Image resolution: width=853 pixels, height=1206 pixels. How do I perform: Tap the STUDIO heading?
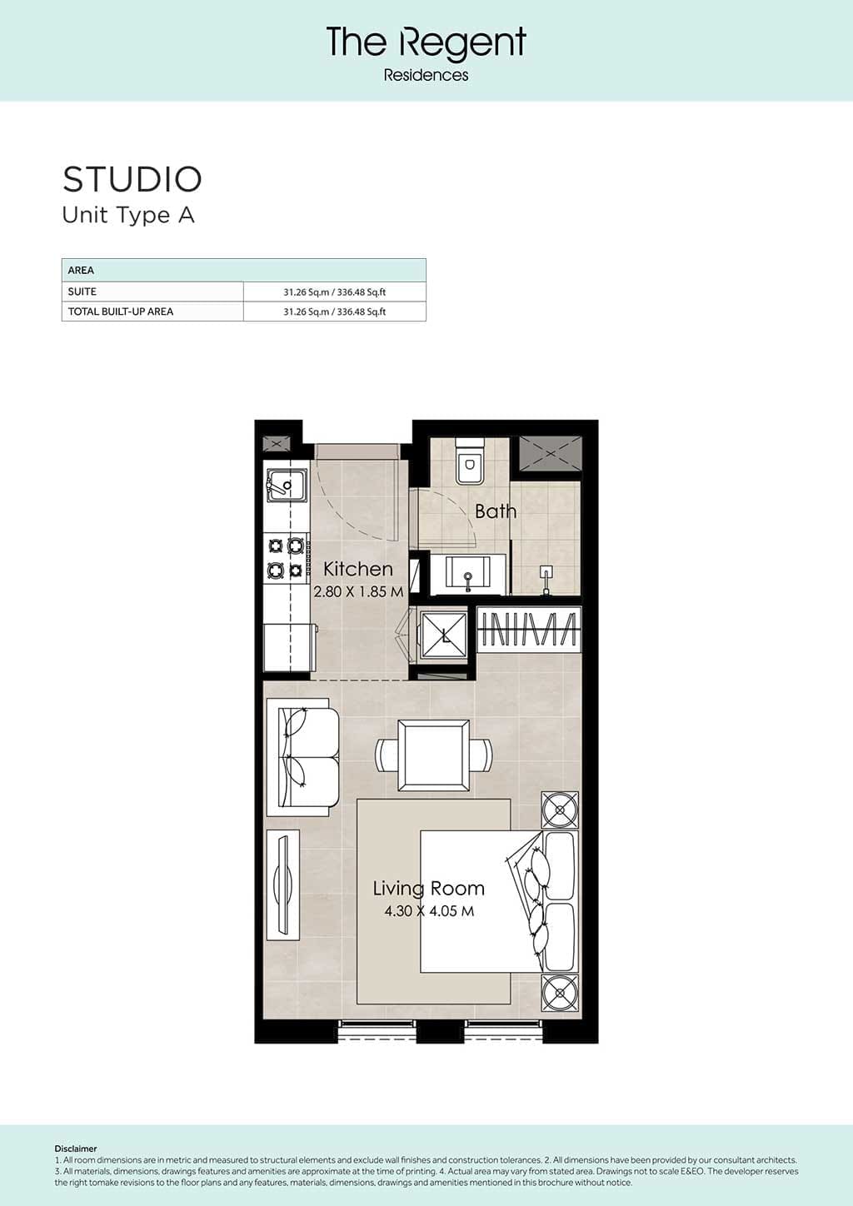[132, 179]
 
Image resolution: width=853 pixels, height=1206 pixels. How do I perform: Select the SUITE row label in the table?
[82, 292]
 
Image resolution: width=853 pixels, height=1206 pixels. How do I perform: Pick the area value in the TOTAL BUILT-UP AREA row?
[334, 311]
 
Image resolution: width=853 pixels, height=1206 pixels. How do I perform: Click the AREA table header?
[81, 271]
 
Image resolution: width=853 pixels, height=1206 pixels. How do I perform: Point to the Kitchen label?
[358, 569]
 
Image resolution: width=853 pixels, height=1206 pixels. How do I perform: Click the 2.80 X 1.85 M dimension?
[359, 591]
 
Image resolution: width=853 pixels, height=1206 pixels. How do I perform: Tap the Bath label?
[496, 511]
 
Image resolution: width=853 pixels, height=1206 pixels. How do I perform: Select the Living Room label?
[429, 889]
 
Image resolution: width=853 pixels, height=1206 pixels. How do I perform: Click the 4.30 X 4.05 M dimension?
[429, 911]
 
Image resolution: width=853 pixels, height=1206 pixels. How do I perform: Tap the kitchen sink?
[287, 486]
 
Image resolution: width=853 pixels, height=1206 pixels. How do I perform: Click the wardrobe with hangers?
[529, 630]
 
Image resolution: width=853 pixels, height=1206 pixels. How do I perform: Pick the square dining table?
[433, 755]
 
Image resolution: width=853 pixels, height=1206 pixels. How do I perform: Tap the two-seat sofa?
[303, 757]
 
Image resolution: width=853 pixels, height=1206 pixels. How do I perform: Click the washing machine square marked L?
[444, 635]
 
